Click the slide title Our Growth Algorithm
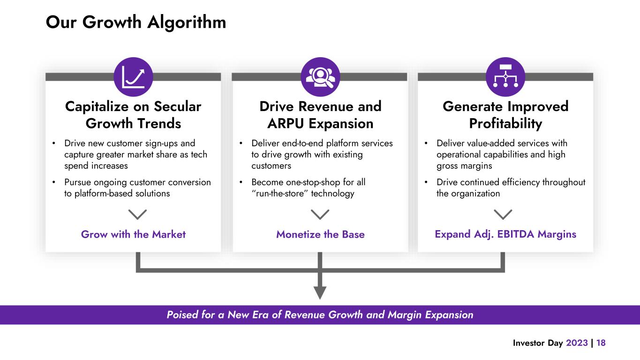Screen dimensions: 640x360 136,22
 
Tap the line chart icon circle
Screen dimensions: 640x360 133,77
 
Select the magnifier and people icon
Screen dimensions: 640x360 320,77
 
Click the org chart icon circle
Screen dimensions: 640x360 505,77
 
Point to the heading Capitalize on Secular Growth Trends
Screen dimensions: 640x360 133,115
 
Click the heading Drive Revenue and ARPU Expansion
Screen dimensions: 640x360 320,115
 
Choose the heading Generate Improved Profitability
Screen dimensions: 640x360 505,115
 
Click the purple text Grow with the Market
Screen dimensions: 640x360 133,234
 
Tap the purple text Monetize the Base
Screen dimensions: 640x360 320,234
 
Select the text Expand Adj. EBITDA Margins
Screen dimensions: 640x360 505,234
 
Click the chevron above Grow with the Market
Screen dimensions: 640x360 137,214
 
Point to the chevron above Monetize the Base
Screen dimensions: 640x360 320,214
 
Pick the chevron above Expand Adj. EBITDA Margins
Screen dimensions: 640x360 503,214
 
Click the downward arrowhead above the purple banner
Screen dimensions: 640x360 320,292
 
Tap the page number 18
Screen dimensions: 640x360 601,343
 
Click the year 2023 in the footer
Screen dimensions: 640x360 577,343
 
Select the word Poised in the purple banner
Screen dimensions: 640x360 182,315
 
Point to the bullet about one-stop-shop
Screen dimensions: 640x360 309,187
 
